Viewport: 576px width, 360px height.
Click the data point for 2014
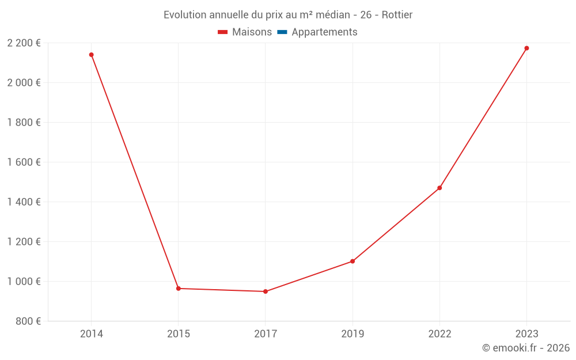pos(91,55)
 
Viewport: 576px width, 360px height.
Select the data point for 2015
pos(178,289)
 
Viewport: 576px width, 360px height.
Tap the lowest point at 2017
pos(266,291)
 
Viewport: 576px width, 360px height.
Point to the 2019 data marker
pos(353,261)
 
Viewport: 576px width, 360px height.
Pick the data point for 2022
pos(439,188)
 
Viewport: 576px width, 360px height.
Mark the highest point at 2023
pos(526,48)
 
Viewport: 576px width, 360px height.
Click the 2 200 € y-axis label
pos(24,43)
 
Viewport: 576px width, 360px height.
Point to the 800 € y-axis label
pos(28,321)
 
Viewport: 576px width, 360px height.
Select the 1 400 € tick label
pos(24,202)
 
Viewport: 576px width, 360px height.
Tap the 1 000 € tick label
pos(24,281)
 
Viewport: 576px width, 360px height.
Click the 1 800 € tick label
pos(24,122)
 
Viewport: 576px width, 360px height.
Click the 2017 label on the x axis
pos(266,334)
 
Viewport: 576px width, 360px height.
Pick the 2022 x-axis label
pos(439,334)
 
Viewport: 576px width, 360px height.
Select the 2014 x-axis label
pos(91,334)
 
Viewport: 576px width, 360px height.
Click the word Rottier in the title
pos(397,15)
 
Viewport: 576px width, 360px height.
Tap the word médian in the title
pos(330,15)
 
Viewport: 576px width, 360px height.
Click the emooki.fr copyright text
pos(526,348)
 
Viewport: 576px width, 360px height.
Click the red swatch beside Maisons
pos(223,32)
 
